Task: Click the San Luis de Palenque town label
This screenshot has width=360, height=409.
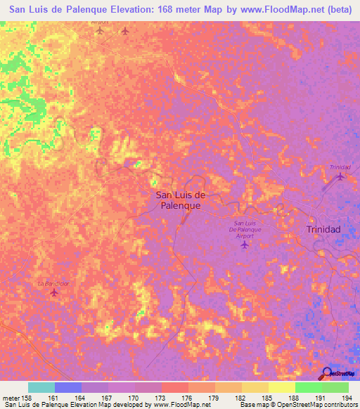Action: [178, 200]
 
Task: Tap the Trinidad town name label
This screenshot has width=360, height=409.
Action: [323, 230]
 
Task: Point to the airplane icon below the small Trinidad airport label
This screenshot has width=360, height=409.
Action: [341, 176]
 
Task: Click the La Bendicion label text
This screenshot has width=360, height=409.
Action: [54, 283]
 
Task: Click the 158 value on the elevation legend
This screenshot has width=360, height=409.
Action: [27, 398]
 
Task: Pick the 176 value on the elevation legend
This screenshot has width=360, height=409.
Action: [188, 398]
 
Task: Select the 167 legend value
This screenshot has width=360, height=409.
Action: [108, 398]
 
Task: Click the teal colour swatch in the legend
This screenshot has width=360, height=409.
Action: [41, 387]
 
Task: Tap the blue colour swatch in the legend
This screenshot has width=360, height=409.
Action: [67, 387]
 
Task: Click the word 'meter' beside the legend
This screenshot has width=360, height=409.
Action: [11, 398]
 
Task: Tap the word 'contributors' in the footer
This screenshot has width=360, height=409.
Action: [337, 405]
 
